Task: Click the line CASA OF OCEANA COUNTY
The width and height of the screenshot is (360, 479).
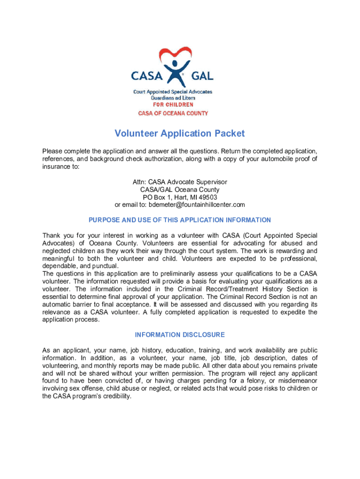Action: click(x=173, y=113)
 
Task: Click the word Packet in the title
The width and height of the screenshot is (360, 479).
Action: click(x=230, y=134)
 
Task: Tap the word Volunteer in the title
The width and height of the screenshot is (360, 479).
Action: click(x=136, y=134)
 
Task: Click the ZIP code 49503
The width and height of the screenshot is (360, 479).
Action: click(x=208, y=197)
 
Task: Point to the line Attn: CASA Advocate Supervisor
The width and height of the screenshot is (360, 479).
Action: click(x=180, y=182)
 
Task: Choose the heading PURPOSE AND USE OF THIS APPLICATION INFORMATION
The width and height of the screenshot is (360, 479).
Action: click(x=180, y=220)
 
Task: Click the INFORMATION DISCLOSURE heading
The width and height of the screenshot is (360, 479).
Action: click(x=180, y=335)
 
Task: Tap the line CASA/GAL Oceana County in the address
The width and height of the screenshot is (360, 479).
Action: click(x=180, y=190)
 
